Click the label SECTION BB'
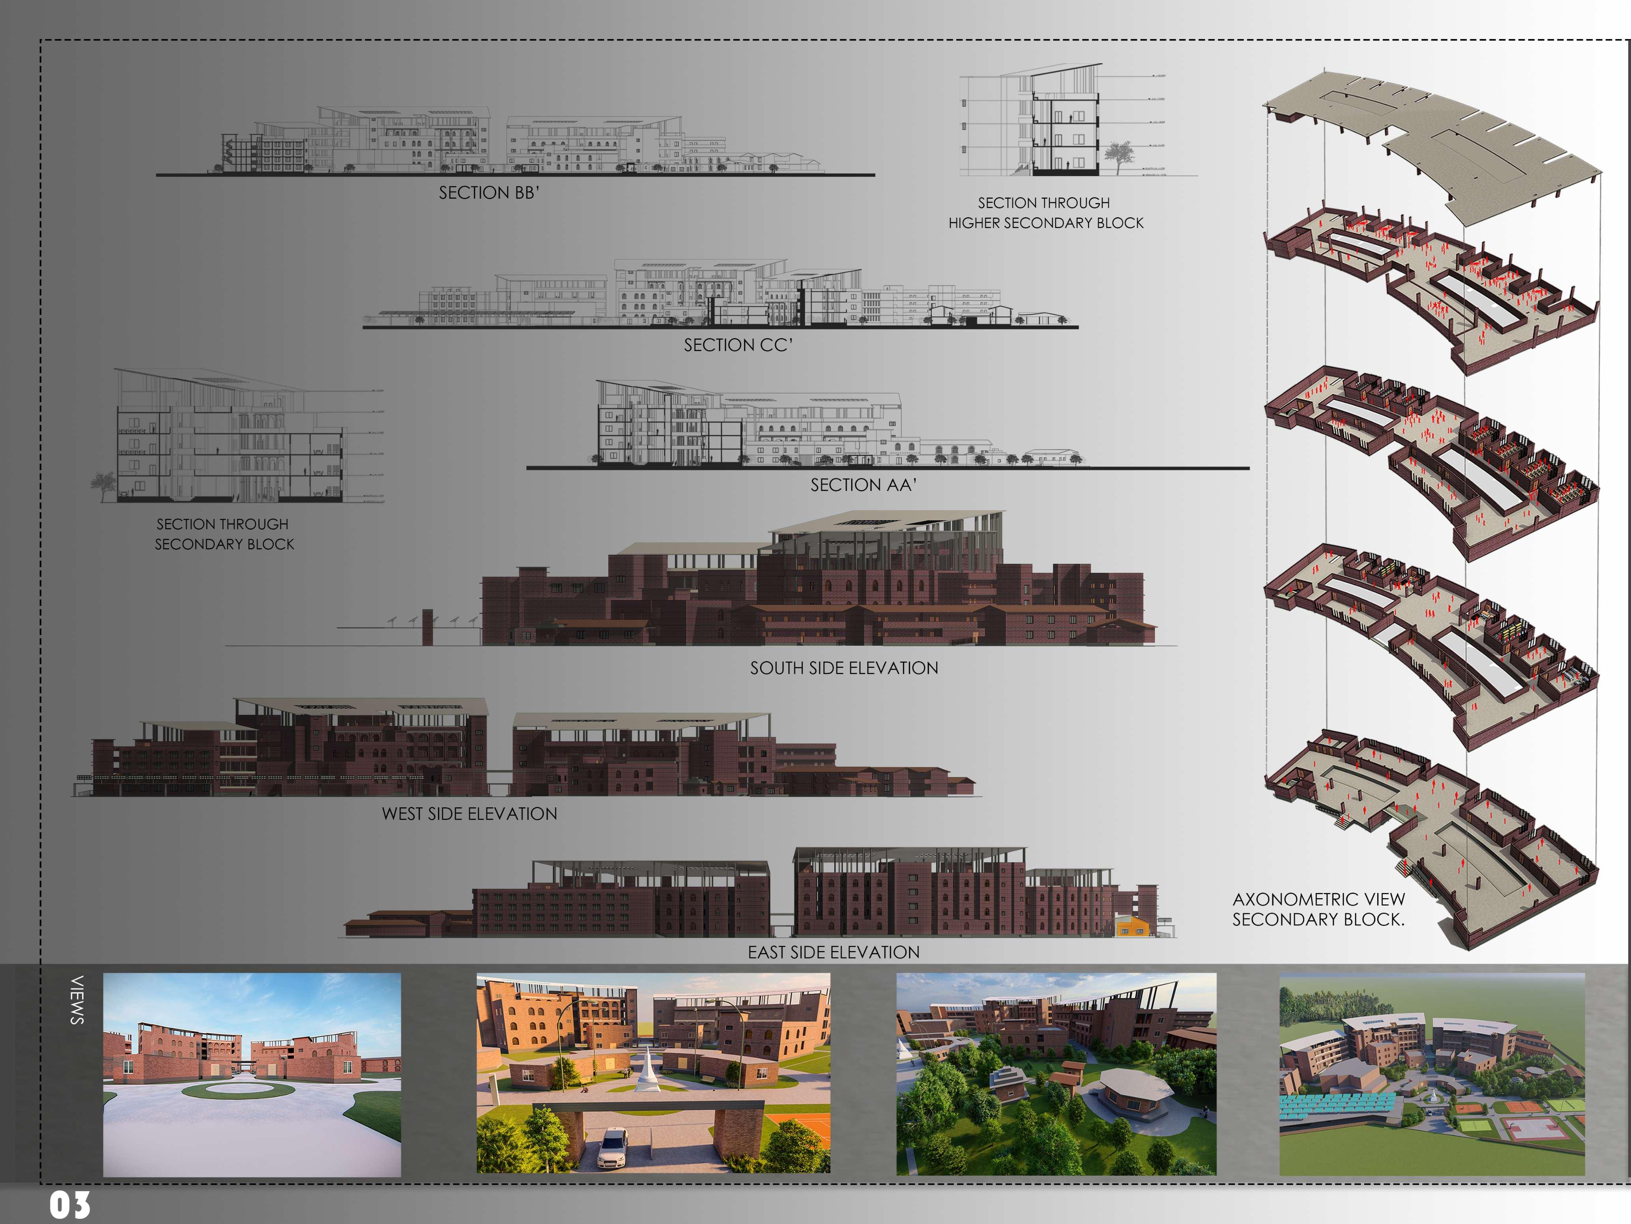[x=489, y=193]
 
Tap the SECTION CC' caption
[x=737, y=345]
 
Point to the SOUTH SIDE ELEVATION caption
[x=844, y=668]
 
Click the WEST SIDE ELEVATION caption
[x=469, y=814]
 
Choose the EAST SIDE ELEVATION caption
[x=833, y=953]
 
